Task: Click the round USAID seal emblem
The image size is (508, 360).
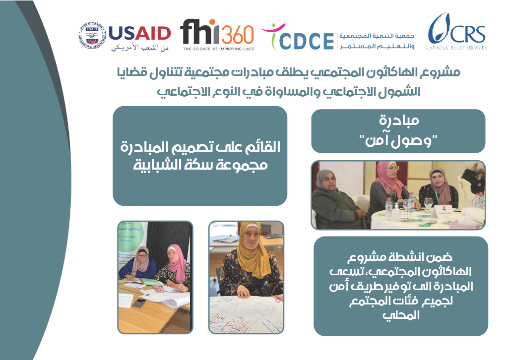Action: pos(92,37)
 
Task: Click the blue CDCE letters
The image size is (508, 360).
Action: pos(306,41)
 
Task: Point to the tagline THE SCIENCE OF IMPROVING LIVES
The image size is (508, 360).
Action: pos(218,49)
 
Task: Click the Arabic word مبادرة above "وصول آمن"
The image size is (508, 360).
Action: pos(399,120)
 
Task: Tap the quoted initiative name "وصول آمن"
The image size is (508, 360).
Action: pos(398,141)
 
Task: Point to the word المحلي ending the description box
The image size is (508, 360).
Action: pos(401,315)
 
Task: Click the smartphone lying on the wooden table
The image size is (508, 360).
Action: pos(139,303)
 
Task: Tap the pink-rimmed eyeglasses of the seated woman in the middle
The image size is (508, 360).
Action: pos(392,168)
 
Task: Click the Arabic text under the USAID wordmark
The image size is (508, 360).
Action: pos(139,48)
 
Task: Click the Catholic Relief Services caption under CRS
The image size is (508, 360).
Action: pos(456,48)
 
